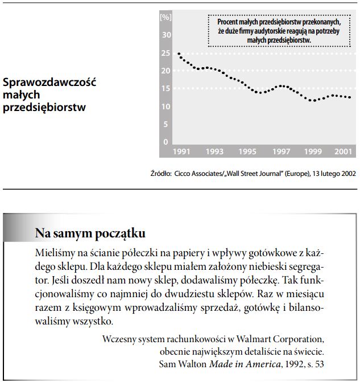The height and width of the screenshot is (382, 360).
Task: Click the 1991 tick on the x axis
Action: tap(180, 152)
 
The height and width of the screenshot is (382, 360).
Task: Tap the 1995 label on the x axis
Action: tap(247, 152)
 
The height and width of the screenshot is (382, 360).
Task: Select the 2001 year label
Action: tap(342, 152)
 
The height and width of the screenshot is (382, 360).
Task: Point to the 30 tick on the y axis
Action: tap(167, 35)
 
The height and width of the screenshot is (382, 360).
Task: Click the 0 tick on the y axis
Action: tap(167, 142)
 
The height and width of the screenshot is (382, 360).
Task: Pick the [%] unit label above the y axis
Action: tap(166, 17)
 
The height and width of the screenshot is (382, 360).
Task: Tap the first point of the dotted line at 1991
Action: tap(179, 54)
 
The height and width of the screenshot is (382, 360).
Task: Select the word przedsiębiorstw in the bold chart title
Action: tap(44, 106)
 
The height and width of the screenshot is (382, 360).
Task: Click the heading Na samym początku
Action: tap(90, 233)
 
